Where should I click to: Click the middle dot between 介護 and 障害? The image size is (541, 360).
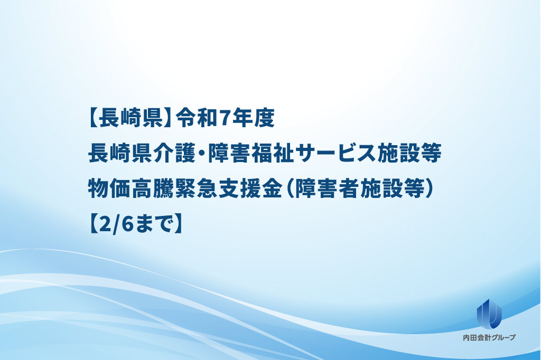point(202,154)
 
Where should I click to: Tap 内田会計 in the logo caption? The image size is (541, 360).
point(476,338)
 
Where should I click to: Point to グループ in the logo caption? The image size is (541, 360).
point(502,338)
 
